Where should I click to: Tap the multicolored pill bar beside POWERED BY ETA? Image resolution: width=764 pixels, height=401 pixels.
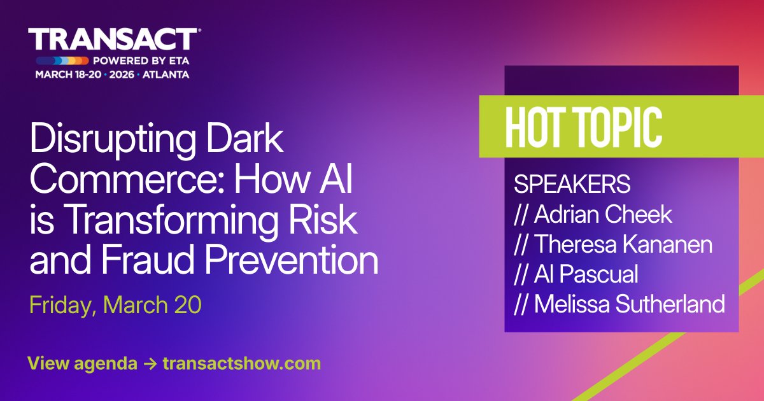[62, 62]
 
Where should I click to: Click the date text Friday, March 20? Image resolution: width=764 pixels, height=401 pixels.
[115, 305]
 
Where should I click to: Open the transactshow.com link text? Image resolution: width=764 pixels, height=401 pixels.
[241, 363]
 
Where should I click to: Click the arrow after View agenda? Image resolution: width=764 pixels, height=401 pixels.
[150, 363]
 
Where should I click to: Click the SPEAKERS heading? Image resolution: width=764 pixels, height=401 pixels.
[572, 185]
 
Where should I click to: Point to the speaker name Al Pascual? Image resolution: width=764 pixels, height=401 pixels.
[586, 274]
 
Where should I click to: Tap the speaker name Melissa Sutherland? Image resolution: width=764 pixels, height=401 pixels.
[629, 304]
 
